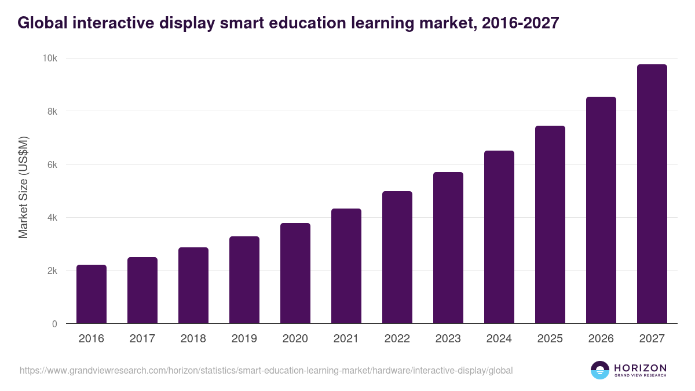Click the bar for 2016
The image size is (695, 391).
(92, 294)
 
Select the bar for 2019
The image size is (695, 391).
(244, 280)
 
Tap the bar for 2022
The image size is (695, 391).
(397, 257)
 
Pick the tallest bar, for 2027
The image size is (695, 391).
(652, 194)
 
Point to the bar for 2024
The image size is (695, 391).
(499, 237)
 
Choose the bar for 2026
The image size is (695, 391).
(601, 210)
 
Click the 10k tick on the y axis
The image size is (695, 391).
(49, 59)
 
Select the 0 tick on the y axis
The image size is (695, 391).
(54, 324)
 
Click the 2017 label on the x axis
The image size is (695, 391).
(142, 339)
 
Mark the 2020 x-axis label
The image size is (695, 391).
(295, 339)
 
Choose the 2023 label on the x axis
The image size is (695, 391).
(448, 339)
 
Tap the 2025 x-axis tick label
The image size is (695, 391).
(550, 339)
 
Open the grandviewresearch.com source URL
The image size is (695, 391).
(266, 370)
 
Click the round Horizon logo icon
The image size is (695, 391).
(600, 370)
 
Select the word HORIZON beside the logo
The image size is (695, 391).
(640, 367)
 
